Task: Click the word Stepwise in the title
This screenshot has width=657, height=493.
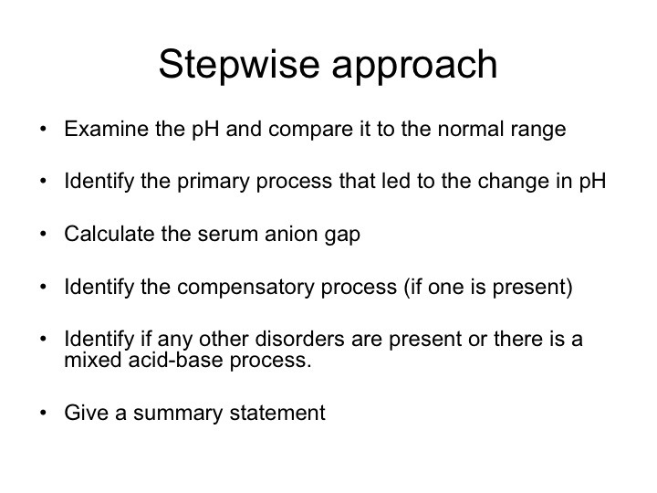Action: [239, 65]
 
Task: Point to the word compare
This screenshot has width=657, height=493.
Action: [310, 130]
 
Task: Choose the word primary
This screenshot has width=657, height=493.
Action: [214, 183]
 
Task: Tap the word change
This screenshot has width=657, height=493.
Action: [509, 183]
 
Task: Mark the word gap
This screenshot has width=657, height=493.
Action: [342, 236]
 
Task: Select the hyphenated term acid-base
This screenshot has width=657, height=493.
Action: [175, 360]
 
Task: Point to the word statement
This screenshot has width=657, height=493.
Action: [277, 413]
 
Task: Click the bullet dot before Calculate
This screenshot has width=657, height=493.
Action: [43, 234]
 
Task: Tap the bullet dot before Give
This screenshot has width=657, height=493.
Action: [43, 413]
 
